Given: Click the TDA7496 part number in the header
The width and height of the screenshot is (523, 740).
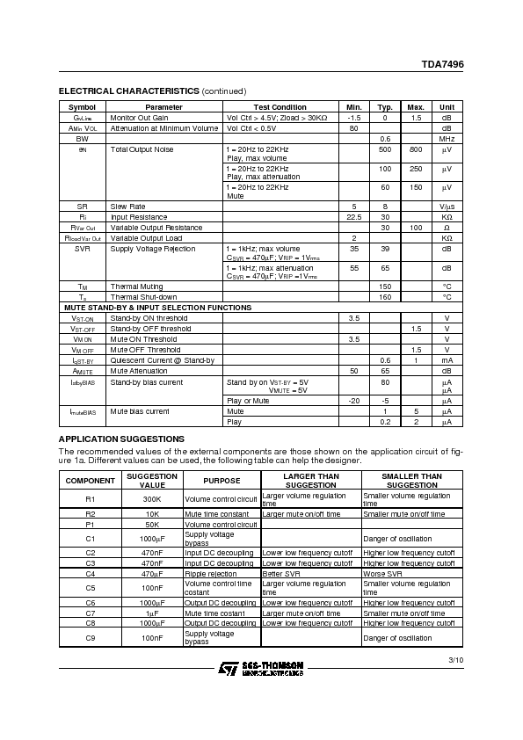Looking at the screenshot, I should [445, 64].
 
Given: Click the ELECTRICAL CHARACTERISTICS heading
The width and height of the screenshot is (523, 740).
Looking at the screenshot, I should [128, 91].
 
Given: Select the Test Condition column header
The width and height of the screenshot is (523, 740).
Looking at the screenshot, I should [280, 107].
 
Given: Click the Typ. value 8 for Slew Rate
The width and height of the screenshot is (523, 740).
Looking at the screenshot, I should [385, 206].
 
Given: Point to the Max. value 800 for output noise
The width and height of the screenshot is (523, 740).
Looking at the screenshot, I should [416, 150].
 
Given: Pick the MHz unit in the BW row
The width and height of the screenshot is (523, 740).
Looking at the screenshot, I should [447, 139].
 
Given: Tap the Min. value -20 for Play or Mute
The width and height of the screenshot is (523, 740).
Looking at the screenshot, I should [354, 401].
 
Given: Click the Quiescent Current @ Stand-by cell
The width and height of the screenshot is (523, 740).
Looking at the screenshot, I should [162, 360].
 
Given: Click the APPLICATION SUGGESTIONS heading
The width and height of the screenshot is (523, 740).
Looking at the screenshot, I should [120, 439].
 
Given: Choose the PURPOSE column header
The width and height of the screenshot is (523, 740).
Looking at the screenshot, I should [222, 481].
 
